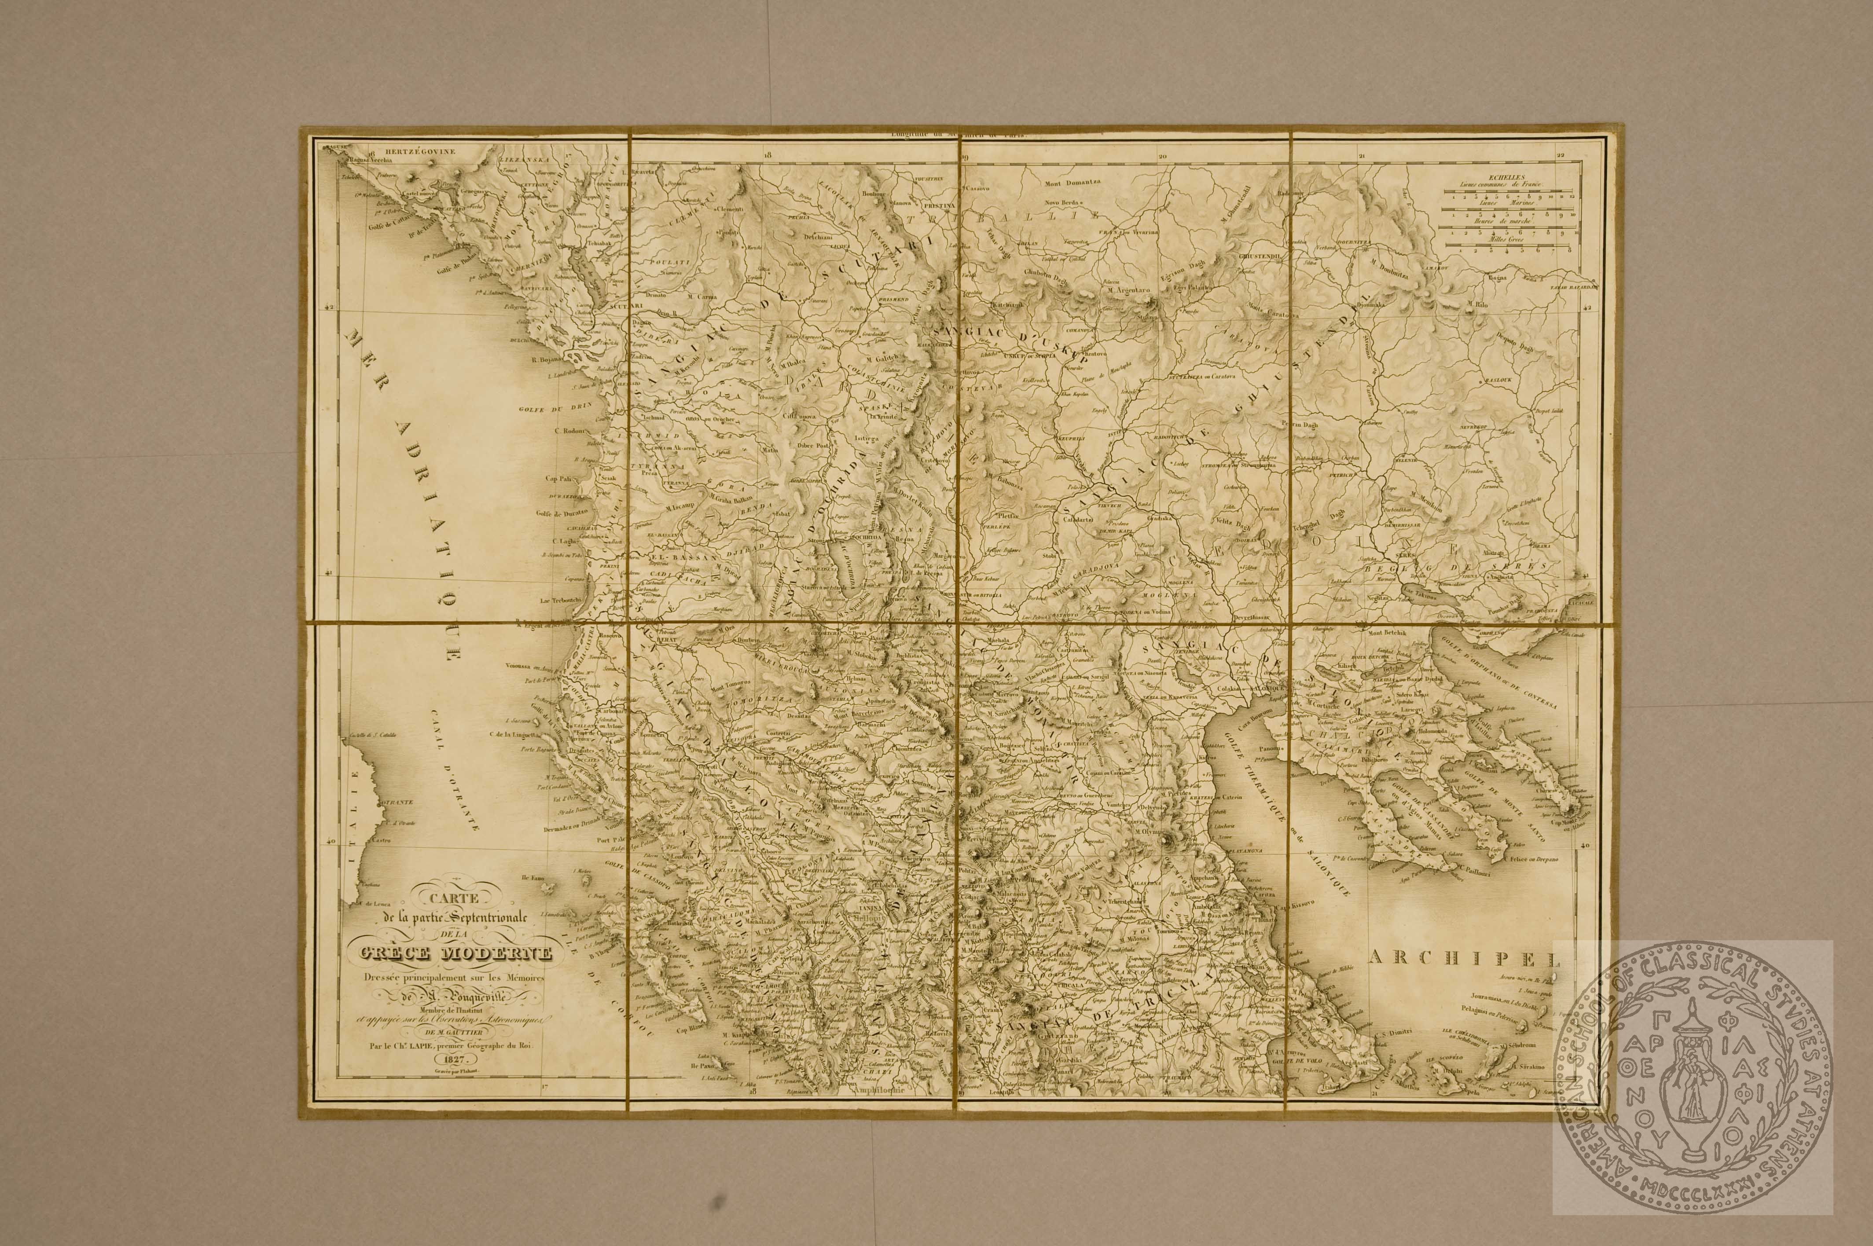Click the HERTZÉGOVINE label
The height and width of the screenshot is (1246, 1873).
pyautogui.click(x=412, y=150)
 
